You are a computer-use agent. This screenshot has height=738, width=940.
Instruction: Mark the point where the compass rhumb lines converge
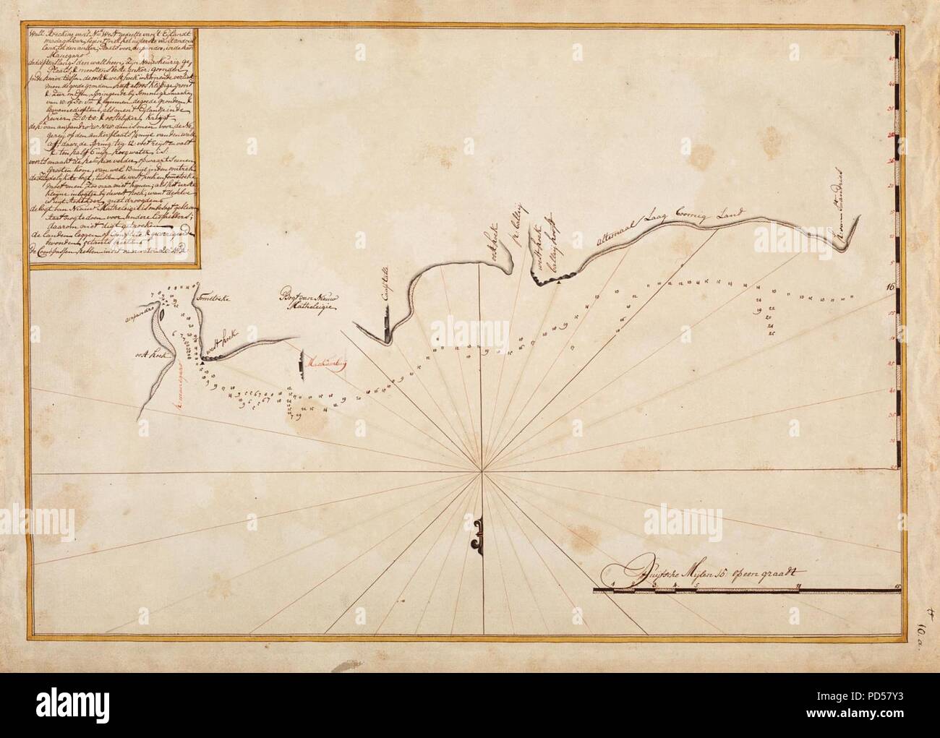(x=482, y=472)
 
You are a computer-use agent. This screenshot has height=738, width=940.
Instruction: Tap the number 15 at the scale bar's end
(x=897, y=585)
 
